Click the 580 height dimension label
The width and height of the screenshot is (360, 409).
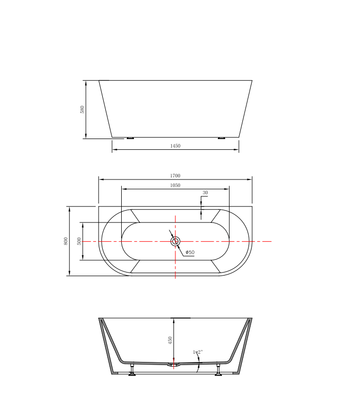point(82,109)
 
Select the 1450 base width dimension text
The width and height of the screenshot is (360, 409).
point(175,146)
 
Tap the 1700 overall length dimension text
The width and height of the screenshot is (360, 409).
point(175,176)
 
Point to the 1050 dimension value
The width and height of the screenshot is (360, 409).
point(175,185)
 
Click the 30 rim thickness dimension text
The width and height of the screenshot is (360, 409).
point(205,193)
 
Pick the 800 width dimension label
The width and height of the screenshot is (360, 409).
point(65,241)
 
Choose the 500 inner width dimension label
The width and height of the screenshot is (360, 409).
point(79,241)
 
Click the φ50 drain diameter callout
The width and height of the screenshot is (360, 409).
point(190,253)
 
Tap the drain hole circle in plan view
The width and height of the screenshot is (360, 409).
point(175,241)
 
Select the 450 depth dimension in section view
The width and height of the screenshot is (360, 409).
point(171,340)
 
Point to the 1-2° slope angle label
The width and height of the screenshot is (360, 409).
point(198,352)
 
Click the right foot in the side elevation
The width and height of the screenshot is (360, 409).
point(221,138)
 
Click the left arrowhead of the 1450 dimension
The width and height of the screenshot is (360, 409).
point(114,149)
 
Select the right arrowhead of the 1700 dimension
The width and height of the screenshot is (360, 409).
point(250,179)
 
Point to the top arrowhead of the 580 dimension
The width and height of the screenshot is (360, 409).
point(85,82)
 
